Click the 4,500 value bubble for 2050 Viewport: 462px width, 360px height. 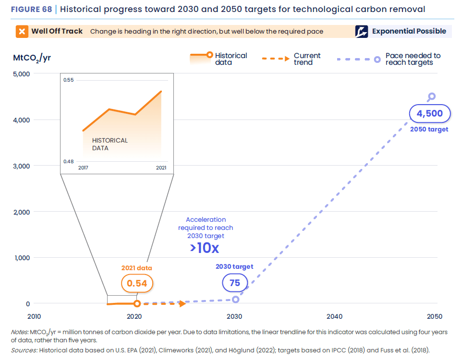tap(429, 114)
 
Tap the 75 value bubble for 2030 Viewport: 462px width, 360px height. tap(234, 283)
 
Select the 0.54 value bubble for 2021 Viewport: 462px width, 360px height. tap(137, 283)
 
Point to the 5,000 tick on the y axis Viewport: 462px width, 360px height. tap(21, 74)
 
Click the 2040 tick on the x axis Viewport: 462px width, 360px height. tap(334, 316)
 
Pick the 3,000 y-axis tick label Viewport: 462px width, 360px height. tap(21, 166)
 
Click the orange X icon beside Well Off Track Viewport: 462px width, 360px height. tap(22, 32)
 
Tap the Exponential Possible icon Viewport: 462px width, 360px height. tap(361, 32)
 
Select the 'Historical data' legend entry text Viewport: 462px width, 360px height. tap(231, 59)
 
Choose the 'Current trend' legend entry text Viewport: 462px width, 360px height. tap(307, 59)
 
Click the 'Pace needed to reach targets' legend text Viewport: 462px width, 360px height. tap(413, 59)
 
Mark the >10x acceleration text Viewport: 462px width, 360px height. tap(204, 248)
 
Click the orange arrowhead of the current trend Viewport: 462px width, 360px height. tap(182, 303)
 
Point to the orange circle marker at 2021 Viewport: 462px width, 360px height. tap(137, 303)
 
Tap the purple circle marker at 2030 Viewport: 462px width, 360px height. tap(235, 299)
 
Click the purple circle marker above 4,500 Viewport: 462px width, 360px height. tap(432, 96)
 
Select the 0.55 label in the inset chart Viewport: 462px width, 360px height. tap(69, 80)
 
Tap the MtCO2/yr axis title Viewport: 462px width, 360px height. tap(32, 58)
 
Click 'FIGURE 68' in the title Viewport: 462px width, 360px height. tap(31, 9)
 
